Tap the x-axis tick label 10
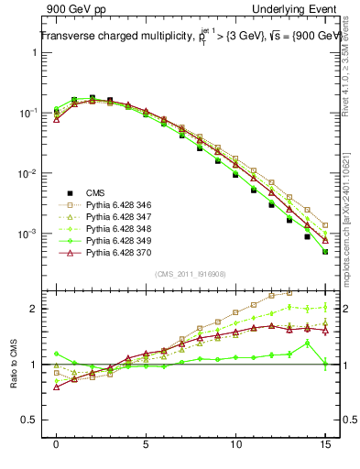235,446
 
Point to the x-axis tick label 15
325,446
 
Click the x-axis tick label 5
146,446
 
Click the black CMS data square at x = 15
325,252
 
